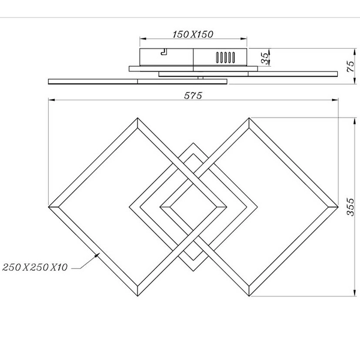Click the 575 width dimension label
coord(192,95)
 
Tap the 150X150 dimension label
coord(193,34)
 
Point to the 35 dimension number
coord(265,58)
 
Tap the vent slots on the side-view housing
coord(224,59)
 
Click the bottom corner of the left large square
coord(138,296)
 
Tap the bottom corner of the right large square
coord(247,296)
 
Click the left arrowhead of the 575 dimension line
coord(50,100)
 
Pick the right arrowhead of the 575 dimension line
coord(334,100)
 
